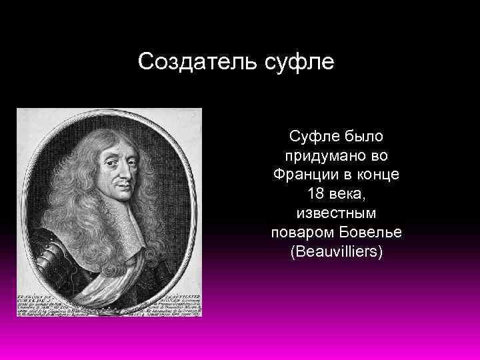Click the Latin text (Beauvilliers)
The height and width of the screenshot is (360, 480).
tap(337, 253)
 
